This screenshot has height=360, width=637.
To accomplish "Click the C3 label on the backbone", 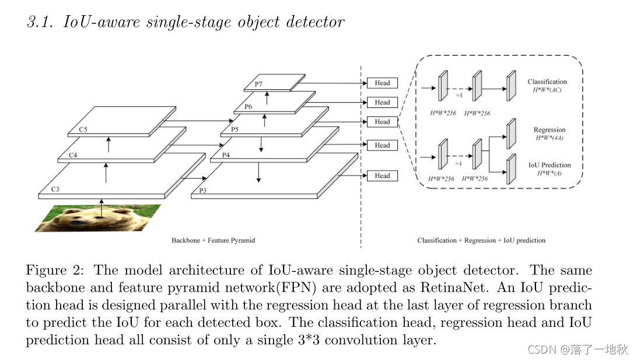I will click(55, 189).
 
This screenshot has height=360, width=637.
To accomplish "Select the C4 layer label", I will click(73, 155).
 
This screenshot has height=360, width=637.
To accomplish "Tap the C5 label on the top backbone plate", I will click(83, 130).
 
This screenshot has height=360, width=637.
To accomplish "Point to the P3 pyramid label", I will click(203, 190).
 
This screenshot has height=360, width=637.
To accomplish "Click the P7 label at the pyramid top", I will click(258, 85).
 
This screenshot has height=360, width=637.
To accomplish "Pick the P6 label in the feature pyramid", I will click(249, 107).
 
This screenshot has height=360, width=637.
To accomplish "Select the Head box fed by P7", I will click(382, 83).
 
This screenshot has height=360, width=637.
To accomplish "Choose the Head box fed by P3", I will click(382, 176).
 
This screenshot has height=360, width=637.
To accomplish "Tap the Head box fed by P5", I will click(382, 122).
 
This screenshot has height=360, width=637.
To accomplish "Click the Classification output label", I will click(547, 82).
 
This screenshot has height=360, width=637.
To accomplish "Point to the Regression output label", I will click(549, 130).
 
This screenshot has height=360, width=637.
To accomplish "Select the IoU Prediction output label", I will click(549, 165).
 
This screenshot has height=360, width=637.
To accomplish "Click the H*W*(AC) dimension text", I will click(547, 90).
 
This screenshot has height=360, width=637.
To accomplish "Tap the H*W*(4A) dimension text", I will click(549, 138).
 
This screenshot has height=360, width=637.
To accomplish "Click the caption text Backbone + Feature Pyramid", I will click(213, 240).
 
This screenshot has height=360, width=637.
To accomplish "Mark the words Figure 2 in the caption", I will click(54, 271).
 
